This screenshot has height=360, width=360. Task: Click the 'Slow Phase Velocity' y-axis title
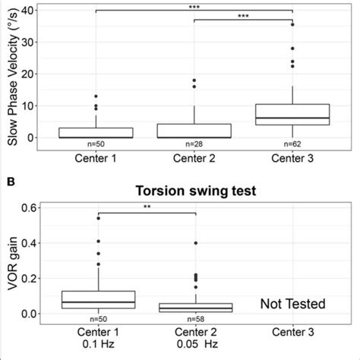pos(10,74)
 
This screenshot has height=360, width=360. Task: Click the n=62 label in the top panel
pos(292,142)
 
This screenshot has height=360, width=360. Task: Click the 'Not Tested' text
pos(292,305)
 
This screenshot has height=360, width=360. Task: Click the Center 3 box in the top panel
pos(292,115)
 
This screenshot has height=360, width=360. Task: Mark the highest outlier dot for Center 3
pos(292,24)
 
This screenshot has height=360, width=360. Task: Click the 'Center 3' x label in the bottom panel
pos(292,334)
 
